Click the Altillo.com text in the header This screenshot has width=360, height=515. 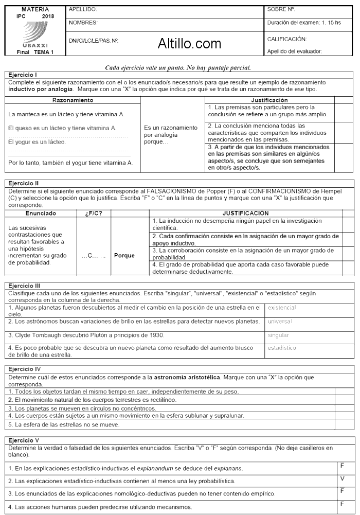[190, 44]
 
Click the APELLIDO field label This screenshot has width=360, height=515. [83, 9]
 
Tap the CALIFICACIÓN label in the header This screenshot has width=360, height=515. [287, 39]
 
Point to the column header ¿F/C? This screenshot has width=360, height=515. [93, 213]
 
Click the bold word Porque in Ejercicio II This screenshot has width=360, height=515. [124, 255]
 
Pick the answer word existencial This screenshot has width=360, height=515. [282, 308]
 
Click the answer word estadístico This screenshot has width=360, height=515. [282, 348]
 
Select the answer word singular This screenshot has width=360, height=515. [278, 335]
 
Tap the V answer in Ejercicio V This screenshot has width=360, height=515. [343, 478]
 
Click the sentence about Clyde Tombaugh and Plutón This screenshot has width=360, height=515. [86, 335]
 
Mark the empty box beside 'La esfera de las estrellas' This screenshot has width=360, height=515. [345, 424]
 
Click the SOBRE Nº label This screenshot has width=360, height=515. [281, 9]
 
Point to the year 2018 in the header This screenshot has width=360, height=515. [48, 16]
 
